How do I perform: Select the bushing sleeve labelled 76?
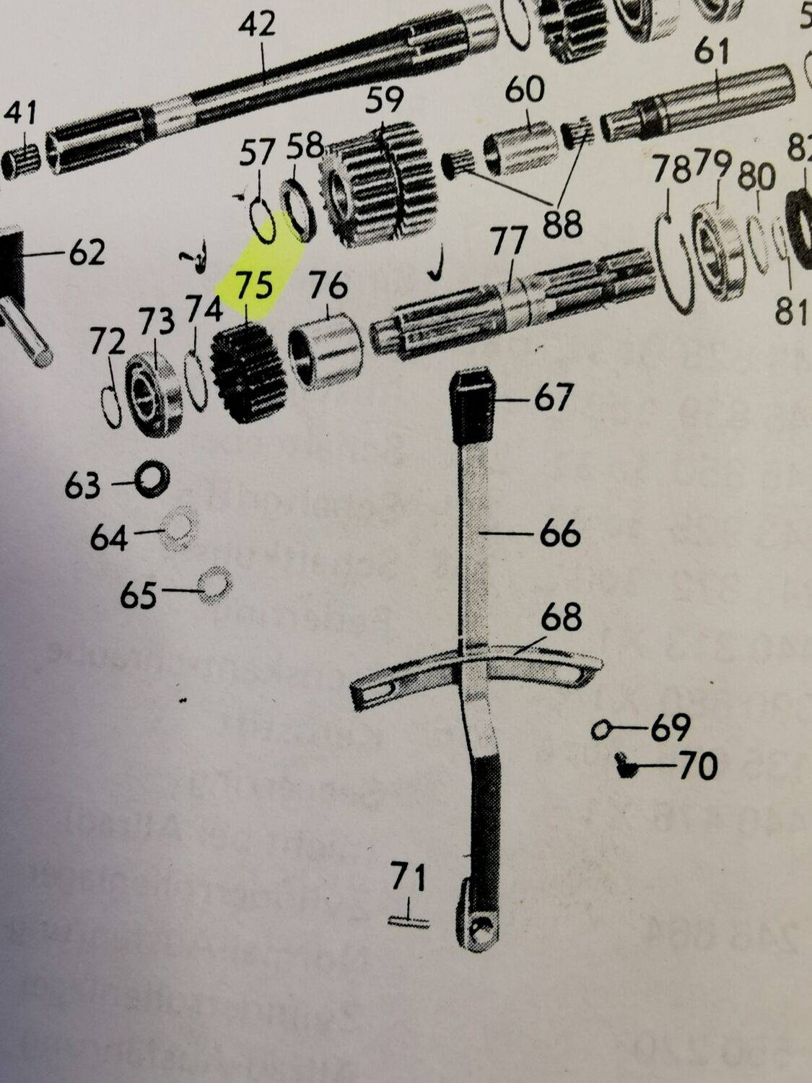coord(324,349)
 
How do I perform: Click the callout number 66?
coord(559,534)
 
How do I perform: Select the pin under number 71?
coord(409,921)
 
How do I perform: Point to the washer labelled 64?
coord(180,533)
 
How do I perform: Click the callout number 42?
coord(257,25)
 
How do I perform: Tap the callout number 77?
coord(509,240)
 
